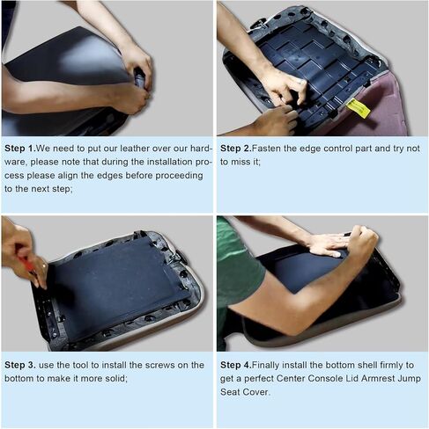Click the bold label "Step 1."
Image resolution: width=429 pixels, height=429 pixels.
tap(20, 149)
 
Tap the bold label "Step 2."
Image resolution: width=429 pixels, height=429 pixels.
tap(236, 149)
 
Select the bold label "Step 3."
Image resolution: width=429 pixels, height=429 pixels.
tap(20, 365)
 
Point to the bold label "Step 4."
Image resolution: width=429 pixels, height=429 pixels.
tap(236, 365)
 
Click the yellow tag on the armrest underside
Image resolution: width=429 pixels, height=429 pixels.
tap(358, 108)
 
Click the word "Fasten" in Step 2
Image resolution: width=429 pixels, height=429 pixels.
tap(266, 149)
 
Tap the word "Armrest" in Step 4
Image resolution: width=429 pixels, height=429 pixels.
tap(378, 379)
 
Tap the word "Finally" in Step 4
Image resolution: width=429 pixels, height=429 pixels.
tap(267, 366)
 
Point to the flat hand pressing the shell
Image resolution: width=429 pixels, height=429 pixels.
tap(329, 244)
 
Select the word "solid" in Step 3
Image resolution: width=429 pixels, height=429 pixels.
tap(115, 379)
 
